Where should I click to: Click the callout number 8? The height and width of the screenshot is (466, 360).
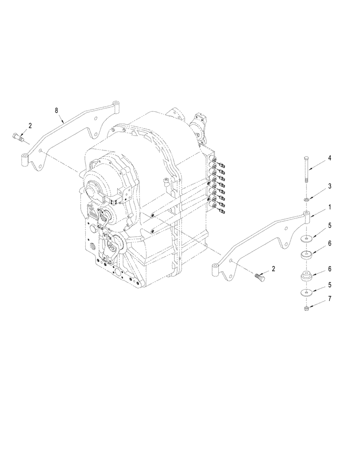[57, 110]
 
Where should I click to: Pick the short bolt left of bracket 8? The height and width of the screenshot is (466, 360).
[17, 137]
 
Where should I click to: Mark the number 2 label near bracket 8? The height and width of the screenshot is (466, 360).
[30, 125]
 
